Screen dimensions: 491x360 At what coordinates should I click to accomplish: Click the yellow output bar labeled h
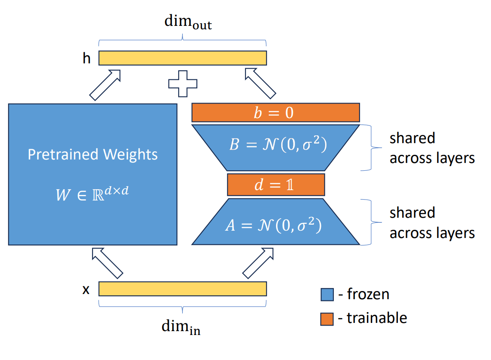coord(183,58)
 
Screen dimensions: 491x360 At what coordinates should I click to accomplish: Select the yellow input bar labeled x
coord(183,289)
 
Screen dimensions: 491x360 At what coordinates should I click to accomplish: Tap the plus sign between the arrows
coord(183,84)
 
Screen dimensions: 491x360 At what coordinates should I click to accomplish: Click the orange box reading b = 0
coord(276,113)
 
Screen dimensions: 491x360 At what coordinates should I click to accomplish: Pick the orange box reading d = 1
coord(276,185)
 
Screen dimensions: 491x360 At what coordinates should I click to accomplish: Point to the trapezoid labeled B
coord(276,148)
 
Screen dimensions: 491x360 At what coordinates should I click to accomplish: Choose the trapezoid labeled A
coord(276,222)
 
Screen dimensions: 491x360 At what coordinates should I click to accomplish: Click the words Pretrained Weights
coord(93,154)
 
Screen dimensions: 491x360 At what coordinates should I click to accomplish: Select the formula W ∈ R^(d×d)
coord(92,194)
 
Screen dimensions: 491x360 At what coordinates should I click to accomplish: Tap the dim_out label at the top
coord(188,22)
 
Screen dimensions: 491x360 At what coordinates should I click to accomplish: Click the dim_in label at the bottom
coord(181,327)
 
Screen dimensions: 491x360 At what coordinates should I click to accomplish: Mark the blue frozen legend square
coord(327,294)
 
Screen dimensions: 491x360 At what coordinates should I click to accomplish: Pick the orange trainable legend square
coord(327,319)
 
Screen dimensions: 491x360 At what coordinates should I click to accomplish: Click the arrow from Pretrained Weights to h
coord(105,85)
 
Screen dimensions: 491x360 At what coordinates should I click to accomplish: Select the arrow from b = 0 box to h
coord(261,83)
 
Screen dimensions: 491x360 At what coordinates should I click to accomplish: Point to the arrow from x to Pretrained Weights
coord(107,263)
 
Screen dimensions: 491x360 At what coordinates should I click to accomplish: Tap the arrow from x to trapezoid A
coord(258,263)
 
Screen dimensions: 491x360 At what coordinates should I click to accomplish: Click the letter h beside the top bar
coord(87,58)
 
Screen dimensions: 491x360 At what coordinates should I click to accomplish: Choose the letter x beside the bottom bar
coord(86,290)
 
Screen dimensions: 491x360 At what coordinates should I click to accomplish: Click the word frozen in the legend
coord(368,294)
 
